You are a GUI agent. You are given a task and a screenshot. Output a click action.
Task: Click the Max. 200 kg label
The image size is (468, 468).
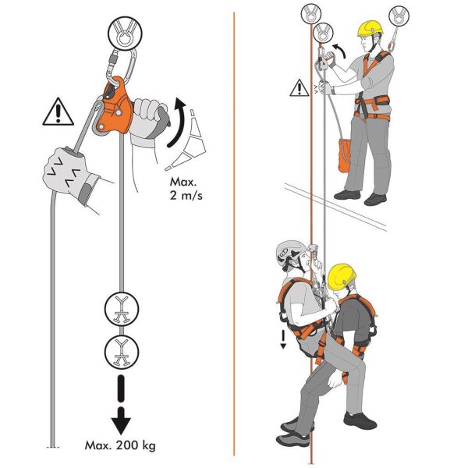(121, 446)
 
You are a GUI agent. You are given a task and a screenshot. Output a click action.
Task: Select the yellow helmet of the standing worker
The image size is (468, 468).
(370, 28)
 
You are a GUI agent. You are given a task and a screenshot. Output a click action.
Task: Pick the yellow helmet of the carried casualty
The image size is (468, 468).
(342, 274)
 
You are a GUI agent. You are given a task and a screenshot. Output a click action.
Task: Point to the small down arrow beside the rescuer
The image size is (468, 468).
(284, 336)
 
